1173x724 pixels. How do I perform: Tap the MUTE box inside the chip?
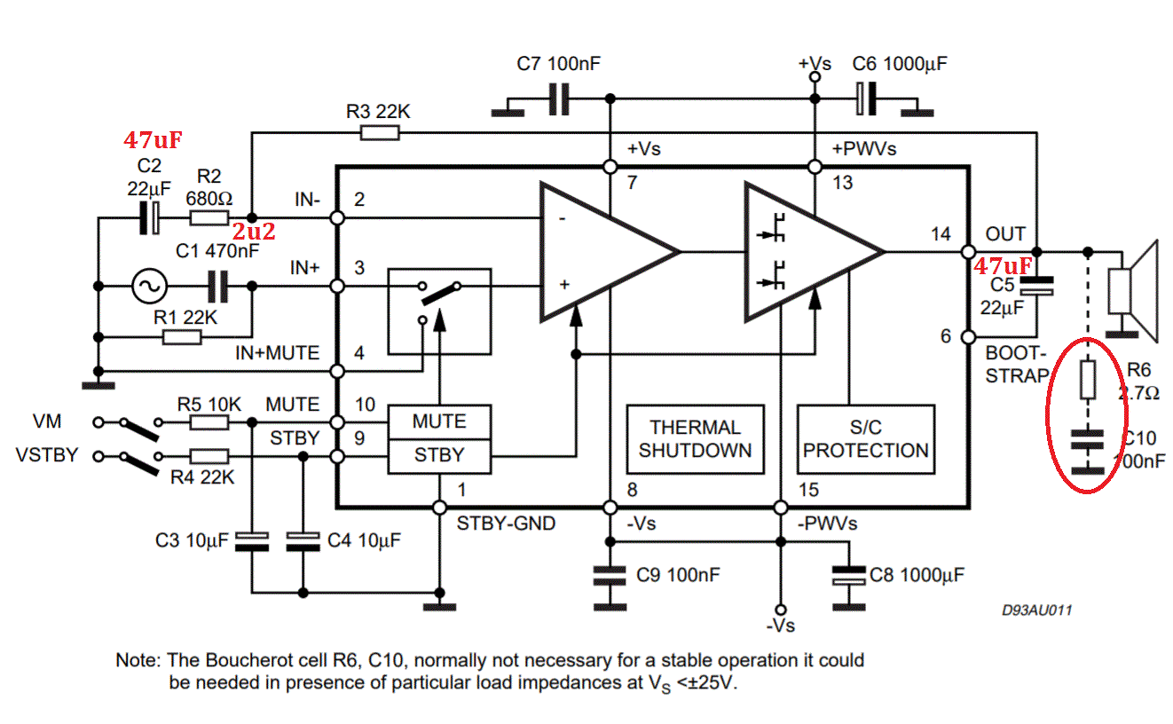[x=439, y=421]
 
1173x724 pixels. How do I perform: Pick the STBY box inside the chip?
[x=439, y=456]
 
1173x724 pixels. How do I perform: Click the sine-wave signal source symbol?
[x=149, y=286]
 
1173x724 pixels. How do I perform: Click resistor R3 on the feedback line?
[x=380, y=133]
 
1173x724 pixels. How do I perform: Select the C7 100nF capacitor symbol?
[x=559, y=99]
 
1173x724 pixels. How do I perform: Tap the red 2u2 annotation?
[x=254, y=232]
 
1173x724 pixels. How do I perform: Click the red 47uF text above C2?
[x=153, y=140]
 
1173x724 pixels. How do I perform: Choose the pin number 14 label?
[x=941, y=234]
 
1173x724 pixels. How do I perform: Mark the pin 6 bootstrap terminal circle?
[x=968, y=337]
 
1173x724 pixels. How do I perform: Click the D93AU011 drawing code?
[x=1037, y=610]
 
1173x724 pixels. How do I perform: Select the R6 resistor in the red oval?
[x=1088, y=379]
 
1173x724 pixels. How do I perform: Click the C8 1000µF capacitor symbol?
[x=848, y=575]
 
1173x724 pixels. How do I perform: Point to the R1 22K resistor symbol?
[x=182, y=337]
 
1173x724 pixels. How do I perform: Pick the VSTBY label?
[x=47, y=455]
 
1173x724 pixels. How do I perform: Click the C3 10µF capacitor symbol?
[x=252, y=541]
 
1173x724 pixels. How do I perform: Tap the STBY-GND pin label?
[x=506, y=523]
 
